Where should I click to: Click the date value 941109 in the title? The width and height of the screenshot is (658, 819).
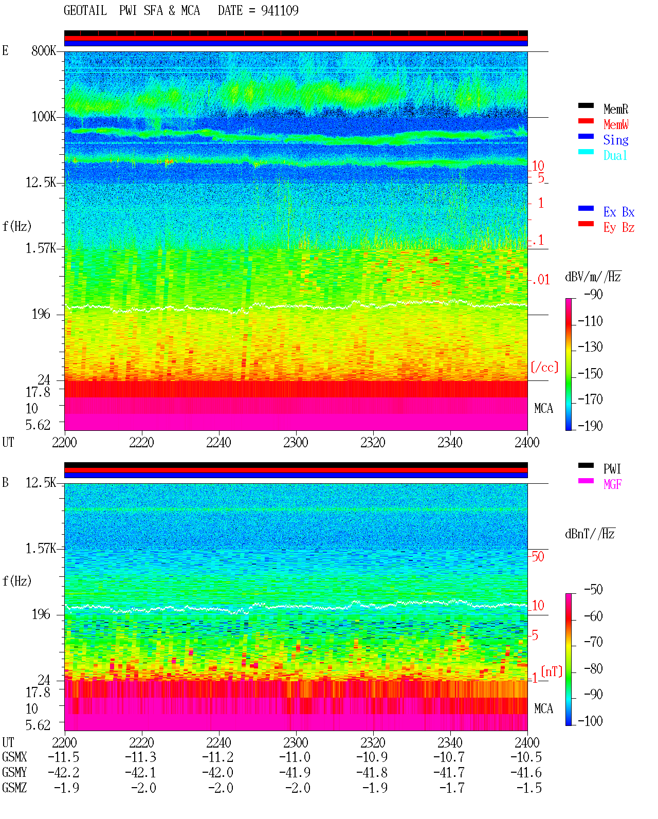[x=280, y=11]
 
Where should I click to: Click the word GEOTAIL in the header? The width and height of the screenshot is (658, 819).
[x=85, y=11]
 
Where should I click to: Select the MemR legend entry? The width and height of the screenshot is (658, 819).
[x=616, y=109]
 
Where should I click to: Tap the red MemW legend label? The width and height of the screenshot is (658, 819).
[x=616, y=124]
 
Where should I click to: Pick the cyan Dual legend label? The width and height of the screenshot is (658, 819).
[x=615, y=155]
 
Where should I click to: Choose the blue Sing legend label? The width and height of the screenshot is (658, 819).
[x=616, y=140]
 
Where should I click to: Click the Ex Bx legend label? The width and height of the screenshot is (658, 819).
[x=619, y=212]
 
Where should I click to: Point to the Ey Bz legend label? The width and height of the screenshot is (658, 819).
[x=619, y=228]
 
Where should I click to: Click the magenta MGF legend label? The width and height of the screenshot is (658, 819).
[x=612, y=484]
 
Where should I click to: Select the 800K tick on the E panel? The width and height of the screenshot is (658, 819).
[x=44, y=50]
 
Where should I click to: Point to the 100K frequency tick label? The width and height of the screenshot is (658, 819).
[x=44, y=117]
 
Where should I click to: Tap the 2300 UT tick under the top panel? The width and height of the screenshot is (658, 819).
[x=296, y=442]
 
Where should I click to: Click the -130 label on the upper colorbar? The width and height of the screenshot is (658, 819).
[x=590, y=347]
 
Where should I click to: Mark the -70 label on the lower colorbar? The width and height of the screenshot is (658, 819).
[x=593, y=642]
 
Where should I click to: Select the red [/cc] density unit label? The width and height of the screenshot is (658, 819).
[x=544, y=367]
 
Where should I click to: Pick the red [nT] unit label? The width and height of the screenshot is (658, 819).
[x=552, y=671]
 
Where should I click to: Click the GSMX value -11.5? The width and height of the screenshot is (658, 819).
[x=64, y=757]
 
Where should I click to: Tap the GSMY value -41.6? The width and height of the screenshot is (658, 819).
[x=526, y=773]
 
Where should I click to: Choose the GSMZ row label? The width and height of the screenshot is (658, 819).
[x=14, y=788]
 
